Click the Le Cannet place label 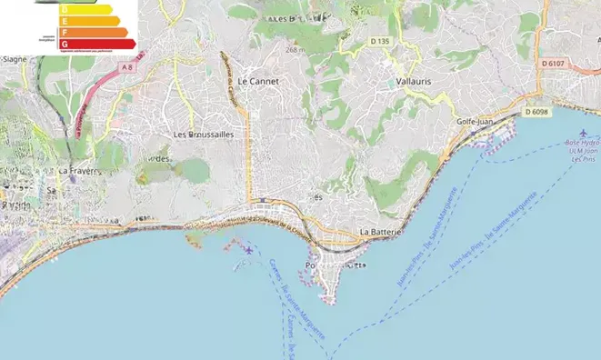[257, 81]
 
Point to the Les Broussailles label [204, 134]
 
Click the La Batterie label [381, 232]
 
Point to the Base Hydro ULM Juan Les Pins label [579, 151]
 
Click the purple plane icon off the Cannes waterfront [249, 248]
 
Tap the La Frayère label [77, 170]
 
